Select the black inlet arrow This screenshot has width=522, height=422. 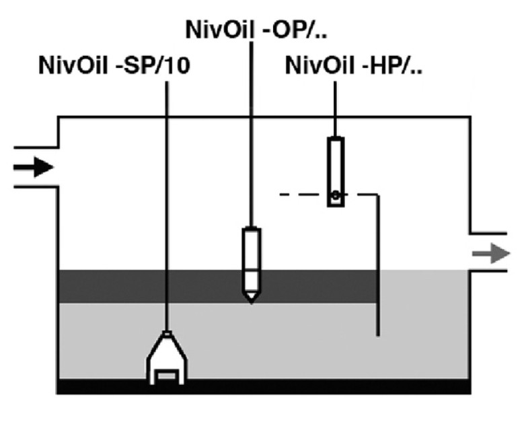click(x=34, y=166)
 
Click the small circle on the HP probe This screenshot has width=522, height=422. click(x=335, y=197)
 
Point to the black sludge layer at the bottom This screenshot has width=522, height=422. click(x=269, y=386)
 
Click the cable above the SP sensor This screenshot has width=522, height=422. click(x=165, y=202)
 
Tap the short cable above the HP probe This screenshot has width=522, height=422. click(x=334, y=108)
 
